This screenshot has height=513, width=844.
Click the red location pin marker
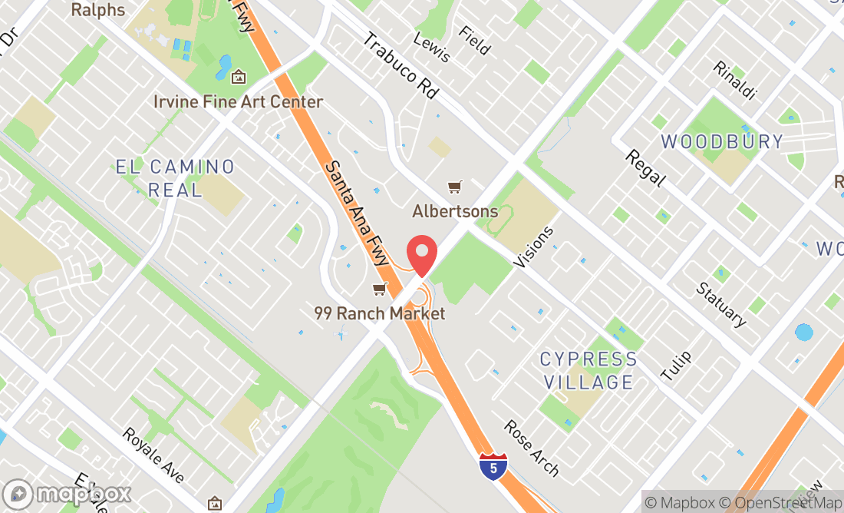click(x=421, y=254)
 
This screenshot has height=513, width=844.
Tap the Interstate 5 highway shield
click(x=493, y=466)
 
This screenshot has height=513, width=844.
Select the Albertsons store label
click(x=455, y=210)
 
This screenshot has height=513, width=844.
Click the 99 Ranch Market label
click(x=379, y=313)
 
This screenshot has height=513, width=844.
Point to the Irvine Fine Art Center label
click(x=238, y=101)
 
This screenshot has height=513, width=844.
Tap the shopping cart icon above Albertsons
click(x=455, y=187)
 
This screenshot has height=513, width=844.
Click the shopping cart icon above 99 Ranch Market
click(x=379, y=290)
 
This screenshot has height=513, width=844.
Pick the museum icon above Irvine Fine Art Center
click(x=239, y=77)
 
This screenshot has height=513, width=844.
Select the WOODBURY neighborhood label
click(x=722, y=141)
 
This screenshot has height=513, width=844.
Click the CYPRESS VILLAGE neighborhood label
click(x=588, y=370)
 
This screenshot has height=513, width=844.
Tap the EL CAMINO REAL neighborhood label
click(x=176, y=178)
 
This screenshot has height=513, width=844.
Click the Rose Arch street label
click(x=532, y=448)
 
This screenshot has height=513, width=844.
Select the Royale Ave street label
click(x=153, y=455)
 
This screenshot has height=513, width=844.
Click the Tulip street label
click(x=676, y=366)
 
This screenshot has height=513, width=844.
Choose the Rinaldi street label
click(x=734, y=80)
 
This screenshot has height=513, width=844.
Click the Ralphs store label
click(x=98, y=10)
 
